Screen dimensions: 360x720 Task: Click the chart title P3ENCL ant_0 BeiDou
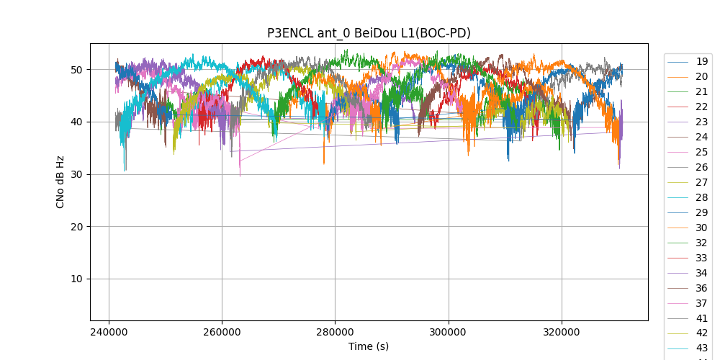(x=369, y=33)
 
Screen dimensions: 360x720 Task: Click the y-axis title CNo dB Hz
(x=60, y=182)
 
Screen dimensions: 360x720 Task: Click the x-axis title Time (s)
(x=369, y=346)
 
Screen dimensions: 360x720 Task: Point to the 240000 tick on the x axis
(x=109, y=333)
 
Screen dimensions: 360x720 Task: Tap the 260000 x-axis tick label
(x=222, y=333)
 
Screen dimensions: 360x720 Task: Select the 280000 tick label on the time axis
(x=335, y=333)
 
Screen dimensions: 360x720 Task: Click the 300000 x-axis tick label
(x=449, y=333)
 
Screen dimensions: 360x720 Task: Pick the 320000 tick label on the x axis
(x=562, y=333)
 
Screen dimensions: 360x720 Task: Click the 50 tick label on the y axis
(x=77, y=70)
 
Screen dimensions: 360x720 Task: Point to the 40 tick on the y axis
(x=77, y=122)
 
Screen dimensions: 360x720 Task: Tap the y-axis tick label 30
(x=77, y=174)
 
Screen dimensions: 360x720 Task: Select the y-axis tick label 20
(x=77, y=227)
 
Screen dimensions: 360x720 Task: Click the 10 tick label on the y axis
(x=77, y=279)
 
